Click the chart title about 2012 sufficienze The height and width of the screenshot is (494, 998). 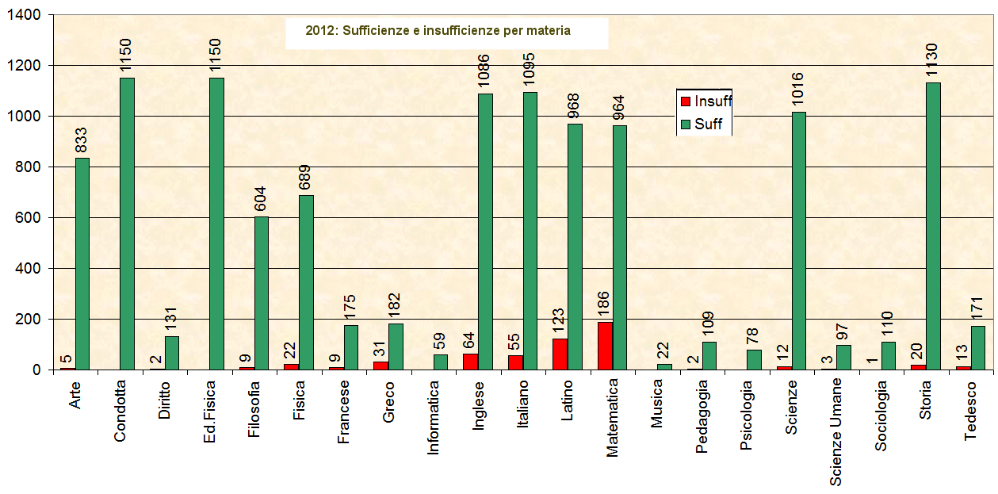click(x=438, y=31)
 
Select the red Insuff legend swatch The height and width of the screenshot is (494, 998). click(x=686, y=101)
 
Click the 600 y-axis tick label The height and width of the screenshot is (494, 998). click(x=29, y=218)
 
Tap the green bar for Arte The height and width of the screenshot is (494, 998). click(x=82, y=264)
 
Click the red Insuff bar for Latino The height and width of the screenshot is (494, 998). click(x=560, y=354)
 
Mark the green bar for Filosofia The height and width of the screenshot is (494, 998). click(x=262, y=293)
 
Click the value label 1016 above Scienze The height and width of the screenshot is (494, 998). click(x=798, y=92)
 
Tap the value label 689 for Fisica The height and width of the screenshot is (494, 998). click(x=306, y=175)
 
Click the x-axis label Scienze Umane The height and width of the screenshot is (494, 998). click(x=836, y=431)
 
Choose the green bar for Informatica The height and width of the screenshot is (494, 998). click(x=440, y=362)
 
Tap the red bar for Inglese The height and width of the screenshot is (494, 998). click(x=471, y=362)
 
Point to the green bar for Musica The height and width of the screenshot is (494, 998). click(x=664, y=366)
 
